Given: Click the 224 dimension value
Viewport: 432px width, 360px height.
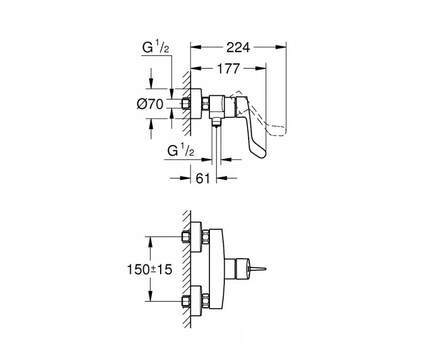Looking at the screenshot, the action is [238, 48].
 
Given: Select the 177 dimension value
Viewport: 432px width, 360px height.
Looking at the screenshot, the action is [228, 69].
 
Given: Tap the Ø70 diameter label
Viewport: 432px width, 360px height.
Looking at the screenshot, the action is [150, 104].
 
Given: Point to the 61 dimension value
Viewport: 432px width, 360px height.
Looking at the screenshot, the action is [203, 178].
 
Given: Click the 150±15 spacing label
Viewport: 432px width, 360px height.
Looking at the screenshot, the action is [150, 269].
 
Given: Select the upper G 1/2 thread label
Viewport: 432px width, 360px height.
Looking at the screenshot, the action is [156, 47].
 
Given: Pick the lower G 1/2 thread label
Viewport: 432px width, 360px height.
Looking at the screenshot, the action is [181, 151].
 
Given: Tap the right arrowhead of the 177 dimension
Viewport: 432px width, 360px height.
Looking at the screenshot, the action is [260, 68].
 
